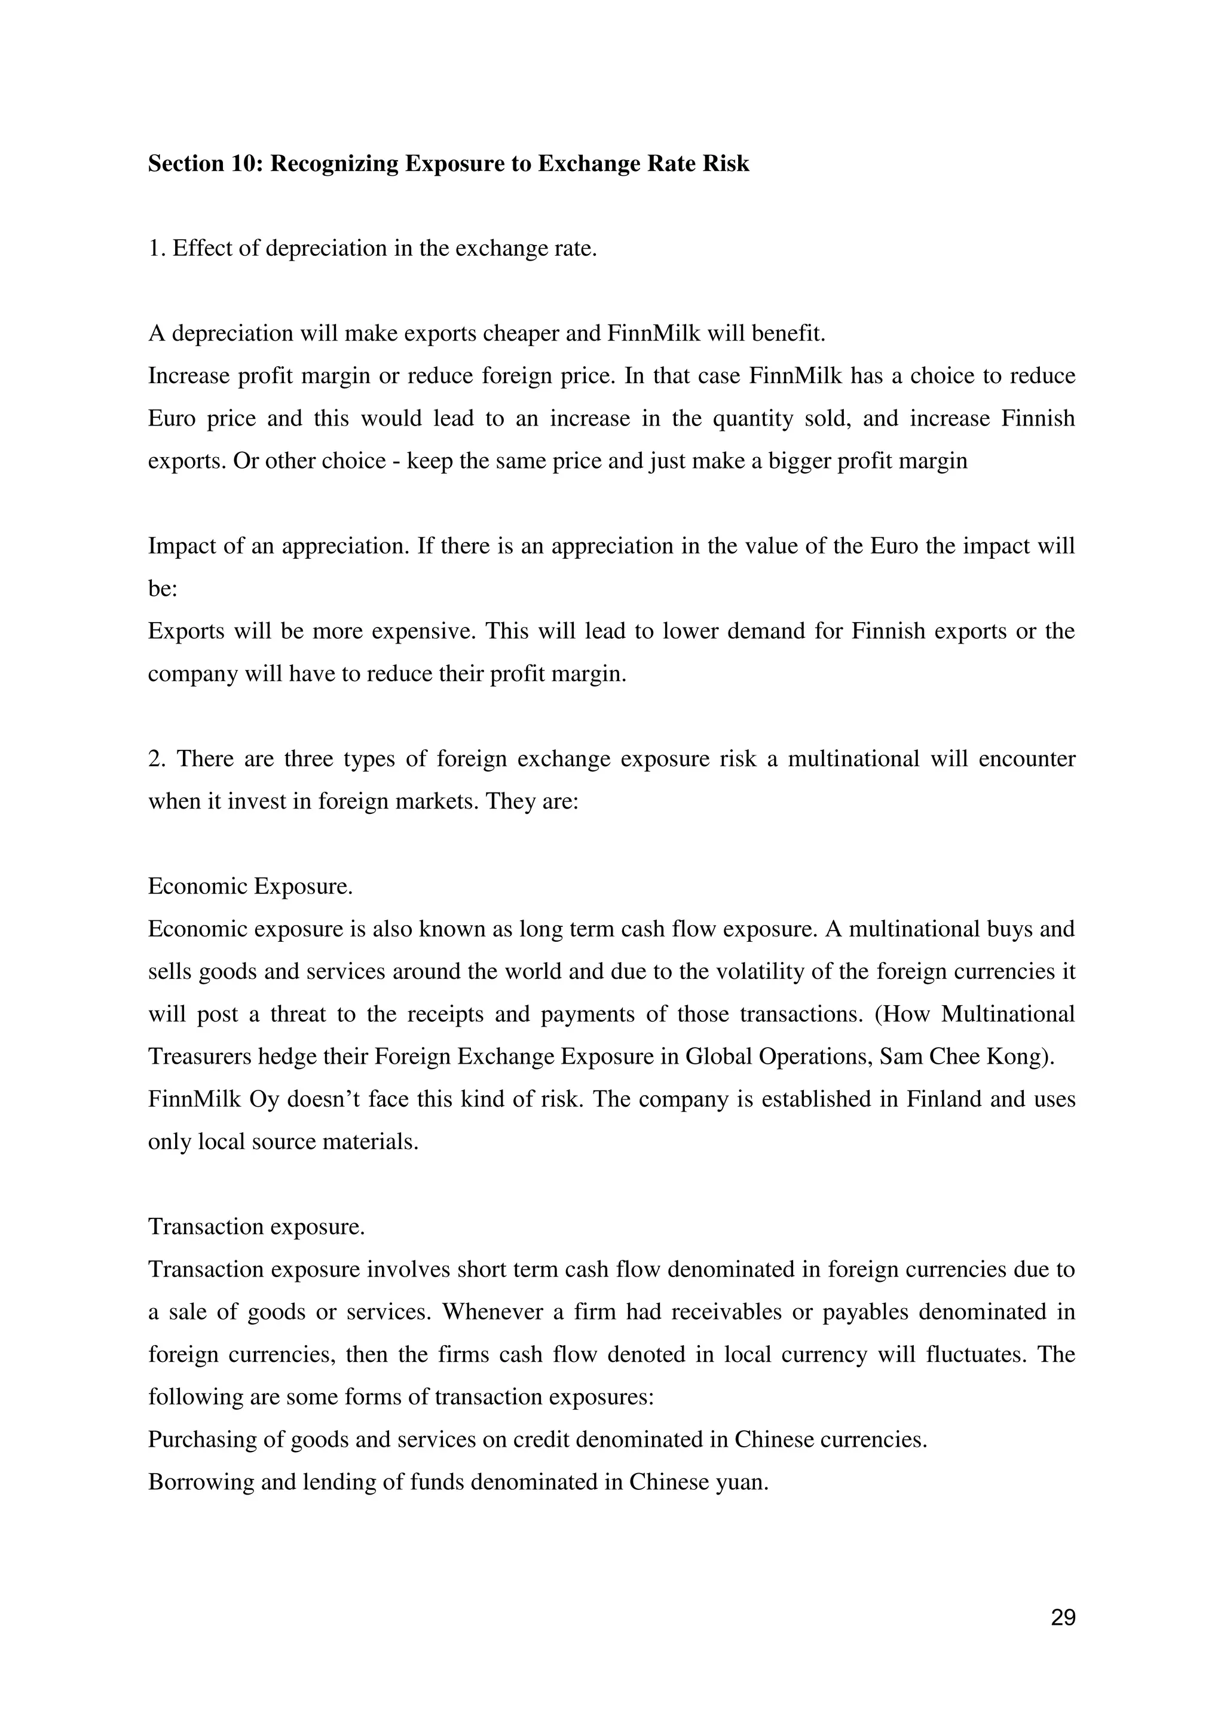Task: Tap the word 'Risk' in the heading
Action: tap(726, 164)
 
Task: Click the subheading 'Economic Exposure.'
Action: tap(250, 886)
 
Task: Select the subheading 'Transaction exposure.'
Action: tap(256, 1227)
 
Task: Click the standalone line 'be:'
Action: tap(162, 589)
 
